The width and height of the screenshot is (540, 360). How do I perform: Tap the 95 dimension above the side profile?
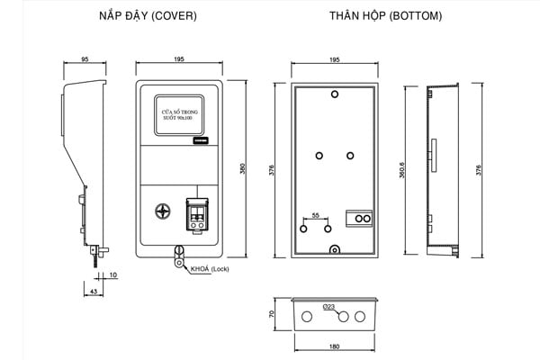[85, 59]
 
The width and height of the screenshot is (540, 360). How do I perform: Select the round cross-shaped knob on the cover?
[163, 212]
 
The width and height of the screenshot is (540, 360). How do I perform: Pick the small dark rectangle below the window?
[199, 141]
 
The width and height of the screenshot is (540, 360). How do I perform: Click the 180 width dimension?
[335, 346]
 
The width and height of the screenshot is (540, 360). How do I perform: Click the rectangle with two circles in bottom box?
[360, 219]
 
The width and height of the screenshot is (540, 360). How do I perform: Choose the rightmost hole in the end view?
[361, 317]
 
